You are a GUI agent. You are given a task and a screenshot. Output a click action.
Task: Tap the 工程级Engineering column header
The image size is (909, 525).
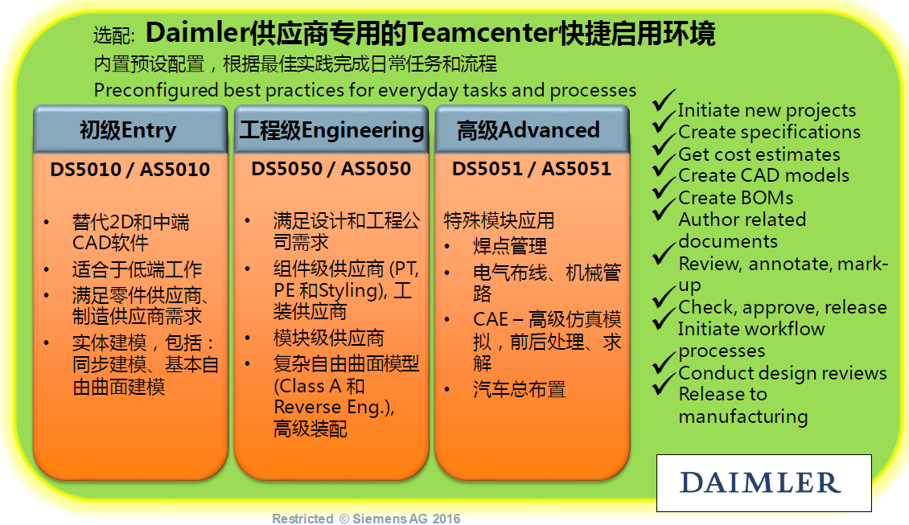pyautogui.click(x=331, y=129)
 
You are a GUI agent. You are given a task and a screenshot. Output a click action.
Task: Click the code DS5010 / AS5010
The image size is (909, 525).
pyautogui.click(x=130, y=169)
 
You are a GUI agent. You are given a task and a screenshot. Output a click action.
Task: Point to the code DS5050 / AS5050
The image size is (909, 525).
pyautogui.click(x=331, y=169)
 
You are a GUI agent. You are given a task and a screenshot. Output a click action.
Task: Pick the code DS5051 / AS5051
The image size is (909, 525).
pyautogui.click(x=532, y=169)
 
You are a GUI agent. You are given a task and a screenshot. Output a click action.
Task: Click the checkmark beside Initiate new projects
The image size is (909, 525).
pyautogui.click(x=664, y=100)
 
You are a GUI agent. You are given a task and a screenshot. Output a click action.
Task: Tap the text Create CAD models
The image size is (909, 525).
pyautogui.click(x=763, y=175)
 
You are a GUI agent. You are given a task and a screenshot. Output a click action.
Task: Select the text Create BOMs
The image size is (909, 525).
pyautogui.click(x=736, y=198)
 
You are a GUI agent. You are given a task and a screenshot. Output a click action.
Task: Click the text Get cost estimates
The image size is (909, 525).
pyautogui.click(x=759, y=154)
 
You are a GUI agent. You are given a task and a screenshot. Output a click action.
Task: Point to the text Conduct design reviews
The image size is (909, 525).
pyautogui.click(x=783, y=373)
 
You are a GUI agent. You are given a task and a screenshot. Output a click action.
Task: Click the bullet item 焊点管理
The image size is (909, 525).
pyautogui.click(x=509, y=246)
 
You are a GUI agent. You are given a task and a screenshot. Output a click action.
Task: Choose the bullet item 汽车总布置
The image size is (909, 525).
pyautogui.click(x=519, y=389)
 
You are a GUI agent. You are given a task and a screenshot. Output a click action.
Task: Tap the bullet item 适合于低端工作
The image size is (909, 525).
pyautogui.click(x=137, y=269)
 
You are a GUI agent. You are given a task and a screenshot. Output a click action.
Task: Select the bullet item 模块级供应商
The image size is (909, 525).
pyautogui.click(x=329, y=338)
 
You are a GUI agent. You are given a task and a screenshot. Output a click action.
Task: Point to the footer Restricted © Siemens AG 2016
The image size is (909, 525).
pyautogui.click(x=366, y=519)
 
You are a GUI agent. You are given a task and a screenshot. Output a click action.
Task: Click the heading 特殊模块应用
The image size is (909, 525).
pyautogui.click(x=499, y=220)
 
